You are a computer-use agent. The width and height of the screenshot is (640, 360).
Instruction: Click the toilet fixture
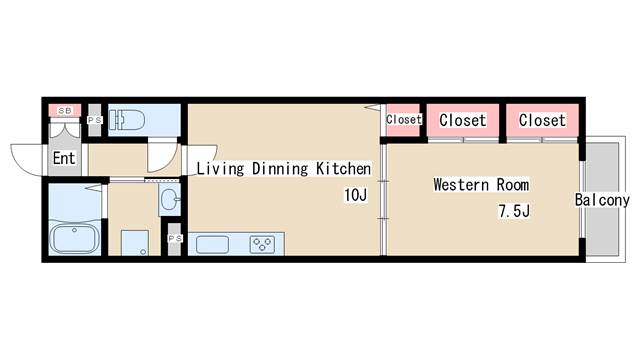coord(127,120)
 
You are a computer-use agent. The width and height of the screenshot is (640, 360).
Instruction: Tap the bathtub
coord(74,238)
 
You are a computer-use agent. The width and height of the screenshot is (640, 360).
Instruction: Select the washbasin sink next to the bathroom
coord(169,199)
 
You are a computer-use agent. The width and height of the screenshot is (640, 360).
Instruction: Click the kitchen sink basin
coord(212,244)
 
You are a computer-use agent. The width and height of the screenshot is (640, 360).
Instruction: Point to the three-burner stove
coord(262,244)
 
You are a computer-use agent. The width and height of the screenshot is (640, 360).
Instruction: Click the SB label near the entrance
coord(64,111)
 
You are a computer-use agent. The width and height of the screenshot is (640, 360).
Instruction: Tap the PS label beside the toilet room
coord(95,120)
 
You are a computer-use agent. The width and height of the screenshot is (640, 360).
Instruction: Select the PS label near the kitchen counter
coord(175,238)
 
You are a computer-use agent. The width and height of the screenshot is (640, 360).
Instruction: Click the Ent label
coord(64,158)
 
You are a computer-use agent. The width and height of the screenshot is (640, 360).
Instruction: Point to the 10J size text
coord(356,195)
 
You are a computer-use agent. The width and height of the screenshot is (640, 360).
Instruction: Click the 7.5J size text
coord(514,211)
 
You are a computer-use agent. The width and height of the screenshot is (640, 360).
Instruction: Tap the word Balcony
coord(602,200)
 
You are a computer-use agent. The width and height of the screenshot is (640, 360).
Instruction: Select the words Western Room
coord(481,184)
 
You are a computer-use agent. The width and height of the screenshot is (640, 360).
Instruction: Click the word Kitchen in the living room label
coord(344,169)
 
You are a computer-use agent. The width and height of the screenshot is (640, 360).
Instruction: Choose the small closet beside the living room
coord(403,120)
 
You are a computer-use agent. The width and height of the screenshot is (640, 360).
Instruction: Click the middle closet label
coord(462,120)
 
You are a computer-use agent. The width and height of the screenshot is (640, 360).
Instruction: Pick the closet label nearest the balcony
coord(542,120)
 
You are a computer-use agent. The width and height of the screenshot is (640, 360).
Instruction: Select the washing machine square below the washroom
coord(135,243)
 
